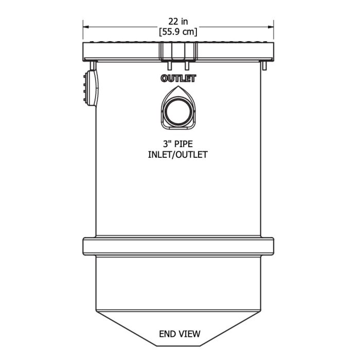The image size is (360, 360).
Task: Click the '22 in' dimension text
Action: pos(178,21)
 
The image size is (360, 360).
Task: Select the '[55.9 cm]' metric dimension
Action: pos(178,31)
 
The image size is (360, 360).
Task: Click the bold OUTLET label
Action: pos(178,79)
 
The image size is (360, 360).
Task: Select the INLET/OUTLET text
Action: pos(178,154)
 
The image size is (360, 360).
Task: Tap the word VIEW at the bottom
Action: pos(189,334)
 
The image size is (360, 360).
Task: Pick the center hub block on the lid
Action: pos(178,51)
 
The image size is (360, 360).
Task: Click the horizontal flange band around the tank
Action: pos(178,246)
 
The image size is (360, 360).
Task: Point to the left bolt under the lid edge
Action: pos(94,65)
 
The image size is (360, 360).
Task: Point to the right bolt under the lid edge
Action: pos(264,66)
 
